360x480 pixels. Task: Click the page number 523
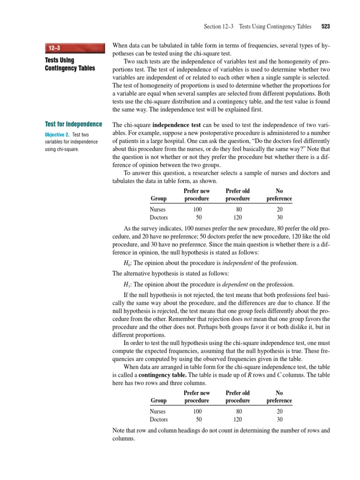[326, 27]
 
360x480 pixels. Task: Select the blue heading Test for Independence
[73, 124]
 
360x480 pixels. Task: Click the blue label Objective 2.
[57, 135]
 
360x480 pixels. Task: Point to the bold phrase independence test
[176, 126]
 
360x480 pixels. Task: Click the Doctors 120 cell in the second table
[238, 420]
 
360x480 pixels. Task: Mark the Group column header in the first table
[158, 199]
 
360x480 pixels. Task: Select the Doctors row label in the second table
[158, 420]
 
